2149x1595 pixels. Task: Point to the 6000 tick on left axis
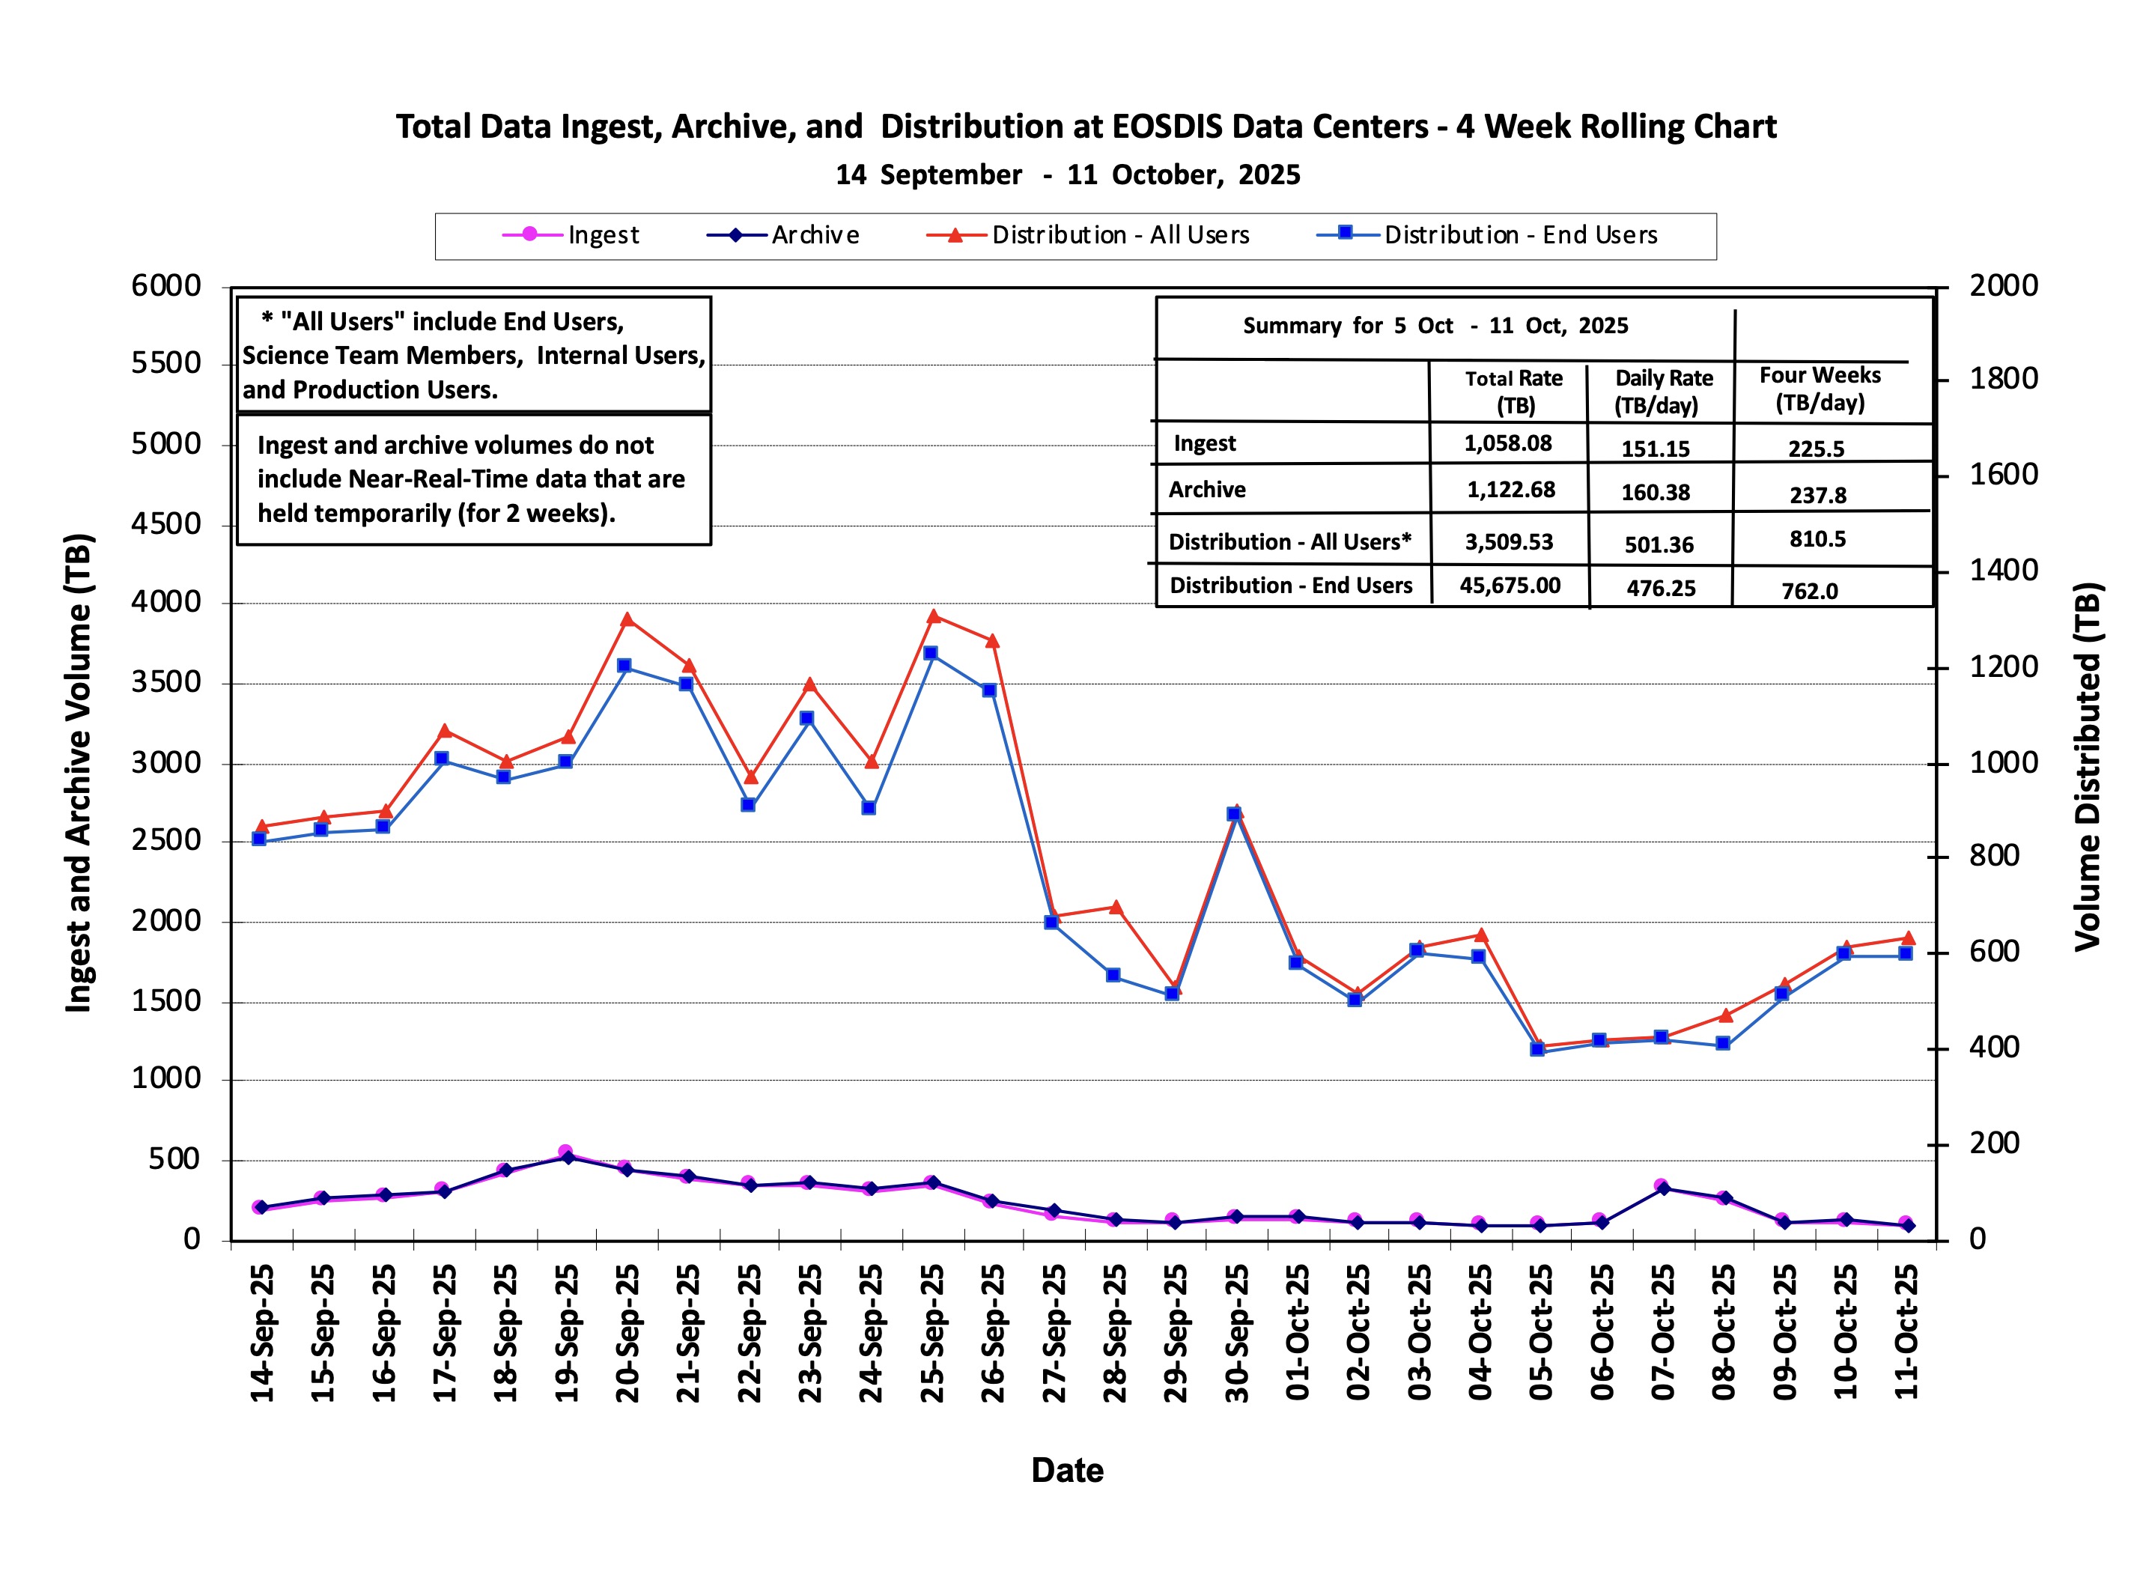tap(166, 286)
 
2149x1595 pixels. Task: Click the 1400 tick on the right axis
tap(2003, 571)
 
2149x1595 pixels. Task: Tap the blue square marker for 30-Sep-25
tap(1234, 815)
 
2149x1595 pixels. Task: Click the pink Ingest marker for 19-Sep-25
tap(566, 1152)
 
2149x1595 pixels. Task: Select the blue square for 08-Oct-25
tap(1722, 1044)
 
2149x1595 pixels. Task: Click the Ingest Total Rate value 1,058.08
tap(1508, 443)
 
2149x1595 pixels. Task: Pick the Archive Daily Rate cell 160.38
tap(1656, 493)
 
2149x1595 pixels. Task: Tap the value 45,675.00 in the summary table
tap(1510, 585)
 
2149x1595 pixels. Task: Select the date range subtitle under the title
tap(1068, 174)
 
